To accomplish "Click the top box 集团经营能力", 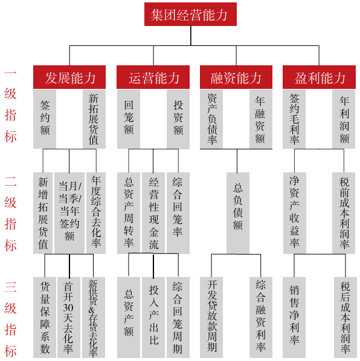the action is point(190,15).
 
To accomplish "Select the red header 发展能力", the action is point(69,77).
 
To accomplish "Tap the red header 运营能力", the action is point(153,77).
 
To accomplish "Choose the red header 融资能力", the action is point(236,77).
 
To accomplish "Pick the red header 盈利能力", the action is point(319,77).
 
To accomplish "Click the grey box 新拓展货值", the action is point(94,119).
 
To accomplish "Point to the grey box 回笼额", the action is point(129,119).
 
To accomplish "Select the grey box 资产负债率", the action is point(211,119).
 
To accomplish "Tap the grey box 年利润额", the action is point(344,119).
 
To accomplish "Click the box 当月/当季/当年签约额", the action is point(69,213).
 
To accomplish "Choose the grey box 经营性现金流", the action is point(153,213).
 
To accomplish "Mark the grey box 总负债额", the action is point(238,213).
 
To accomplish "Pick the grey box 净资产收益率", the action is point(294,213).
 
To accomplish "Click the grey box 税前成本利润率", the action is point(344,213).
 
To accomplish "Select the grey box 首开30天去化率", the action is point(68,317).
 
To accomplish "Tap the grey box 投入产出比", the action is point(153,317).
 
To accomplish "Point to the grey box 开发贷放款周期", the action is point(211,317).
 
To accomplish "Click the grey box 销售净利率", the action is point(294,317).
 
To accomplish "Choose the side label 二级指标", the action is point(10,213).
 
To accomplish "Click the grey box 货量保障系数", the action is point(45,317).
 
